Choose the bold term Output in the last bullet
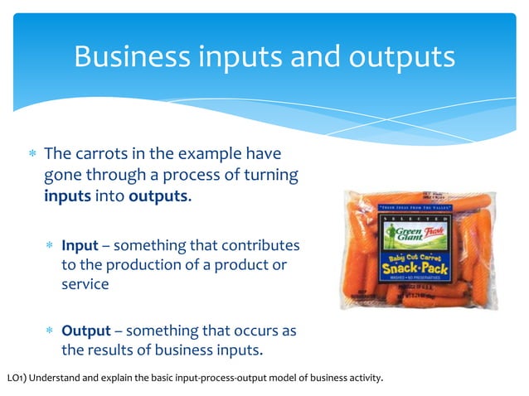click(x=86, y=331)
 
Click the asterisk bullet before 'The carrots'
click(x=32, y=154)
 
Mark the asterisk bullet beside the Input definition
click(x=50, y=247)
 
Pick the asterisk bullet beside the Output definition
click(x=50, y=331)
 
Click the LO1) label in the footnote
click(x=17, y=379)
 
